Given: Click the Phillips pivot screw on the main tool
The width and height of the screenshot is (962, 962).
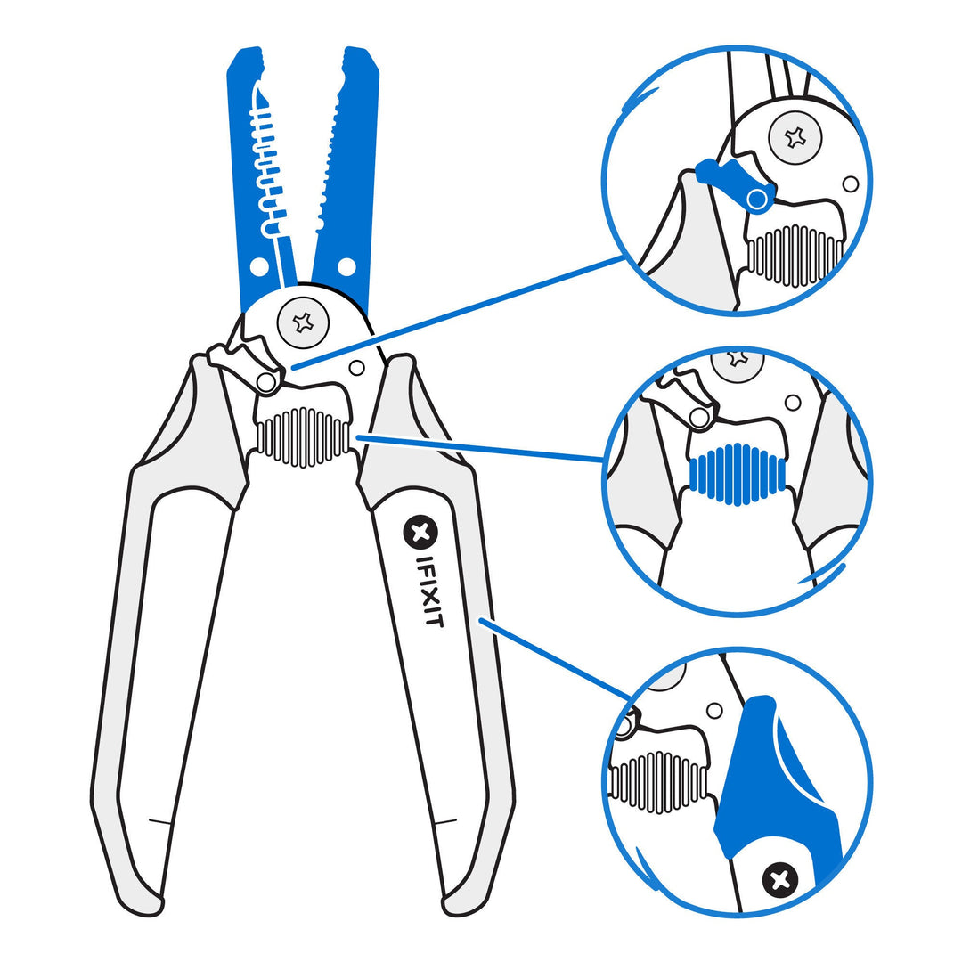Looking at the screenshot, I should click(x=303, y=322).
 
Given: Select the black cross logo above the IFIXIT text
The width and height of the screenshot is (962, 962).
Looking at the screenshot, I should click(x=420, y=533).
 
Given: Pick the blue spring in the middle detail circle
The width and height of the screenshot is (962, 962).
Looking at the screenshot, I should click(x=738, y=475).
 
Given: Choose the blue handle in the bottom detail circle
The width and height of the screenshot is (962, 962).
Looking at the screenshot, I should click(x=766, y=784).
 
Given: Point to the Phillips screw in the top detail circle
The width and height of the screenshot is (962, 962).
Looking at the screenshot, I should click(x=795, y=137).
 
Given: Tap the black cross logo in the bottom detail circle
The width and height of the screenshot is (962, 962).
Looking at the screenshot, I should click(x=780, y=880).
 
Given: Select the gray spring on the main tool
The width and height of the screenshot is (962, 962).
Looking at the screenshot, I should click(x=303, y=436).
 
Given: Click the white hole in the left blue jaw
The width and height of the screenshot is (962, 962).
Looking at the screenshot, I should click(x=259, y=266).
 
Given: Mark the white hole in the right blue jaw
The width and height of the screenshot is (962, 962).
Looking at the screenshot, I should click(x=346, y=266).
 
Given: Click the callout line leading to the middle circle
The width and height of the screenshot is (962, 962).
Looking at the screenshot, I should click(x=481, y=448).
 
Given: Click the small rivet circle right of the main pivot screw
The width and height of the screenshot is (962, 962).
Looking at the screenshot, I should click(x=356, y=367).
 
